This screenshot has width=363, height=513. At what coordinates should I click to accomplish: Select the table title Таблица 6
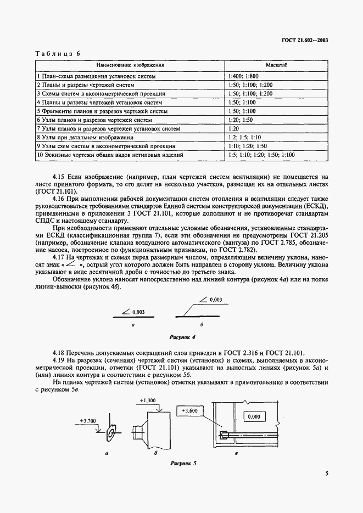point(58,53)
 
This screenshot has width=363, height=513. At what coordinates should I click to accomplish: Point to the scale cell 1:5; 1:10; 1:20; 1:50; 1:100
point(261,155)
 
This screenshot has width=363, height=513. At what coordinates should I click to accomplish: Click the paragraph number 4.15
point(59,177)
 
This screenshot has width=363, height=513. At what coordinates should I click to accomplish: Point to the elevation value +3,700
point(88,421)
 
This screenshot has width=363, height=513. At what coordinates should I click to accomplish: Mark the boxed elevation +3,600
point(189,410)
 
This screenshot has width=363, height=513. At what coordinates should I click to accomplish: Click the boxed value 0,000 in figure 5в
point(254,417)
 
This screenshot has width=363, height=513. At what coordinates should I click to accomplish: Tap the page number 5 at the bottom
point(326,473)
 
